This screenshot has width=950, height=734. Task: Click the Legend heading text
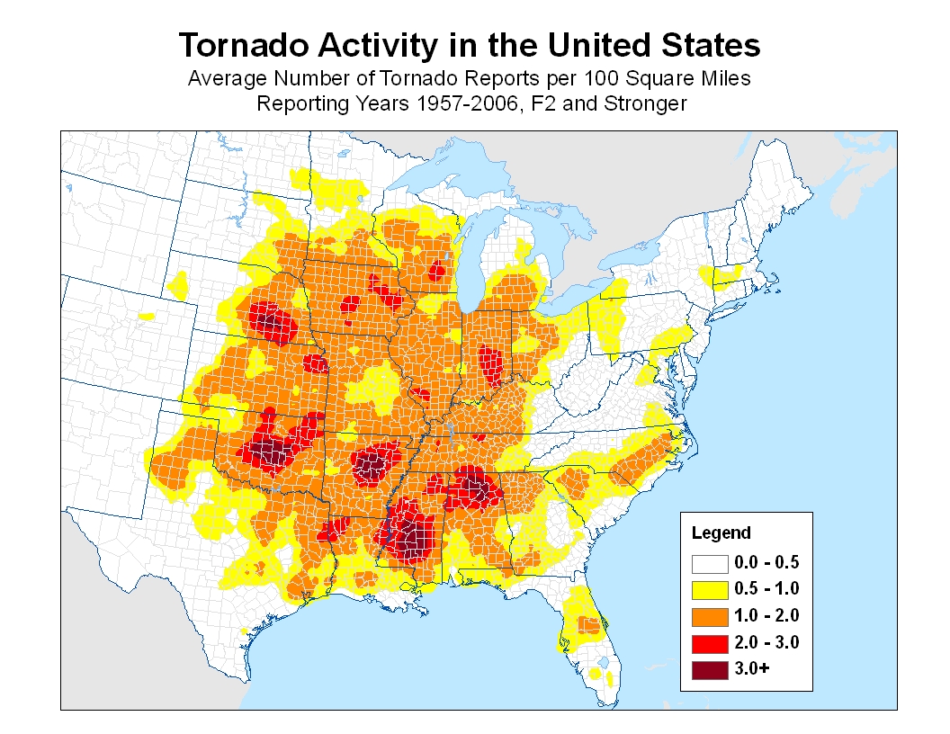pyautogui.click(x=721, y=533)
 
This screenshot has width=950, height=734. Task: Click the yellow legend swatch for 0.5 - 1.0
pyautogui.click(x=710, y=589)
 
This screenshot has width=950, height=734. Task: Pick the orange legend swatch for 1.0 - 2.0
pyautogui.click(x=710, y=616)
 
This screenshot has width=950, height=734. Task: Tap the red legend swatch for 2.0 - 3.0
pyautogui.click(x=710, y=642)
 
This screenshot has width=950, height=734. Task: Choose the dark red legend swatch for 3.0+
pyautogui.click(x=710, y=669)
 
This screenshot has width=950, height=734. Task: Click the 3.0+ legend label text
pyautogui.click(x=752, y=669)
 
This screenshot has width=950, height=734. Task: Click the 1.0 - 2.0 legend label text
pyautogui.click(x=766, y=616)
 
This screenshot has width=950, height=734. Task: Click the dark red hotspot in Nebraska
pyautogui.click(x=269, y=319)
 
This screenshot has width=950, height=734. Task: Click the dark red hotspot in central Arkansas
pyautogui.click(x=371, y=465)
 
